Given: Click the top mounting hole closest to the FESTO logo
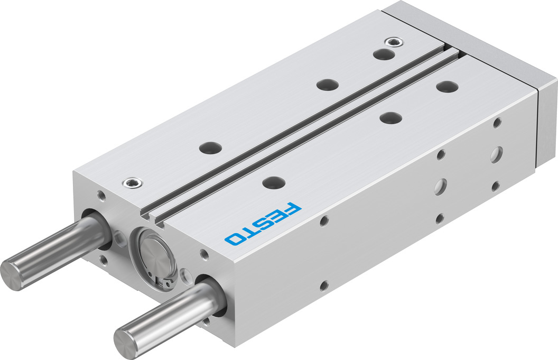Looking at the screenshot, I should [x=274, y=182].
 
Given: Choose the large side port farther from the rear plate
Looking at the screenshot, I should [x=440, y=187].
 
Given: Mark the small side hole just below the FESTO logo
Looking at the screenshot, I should [x=324, y=220].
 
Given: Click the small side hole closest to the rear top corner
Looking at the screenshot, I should [x=496, y=123].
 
